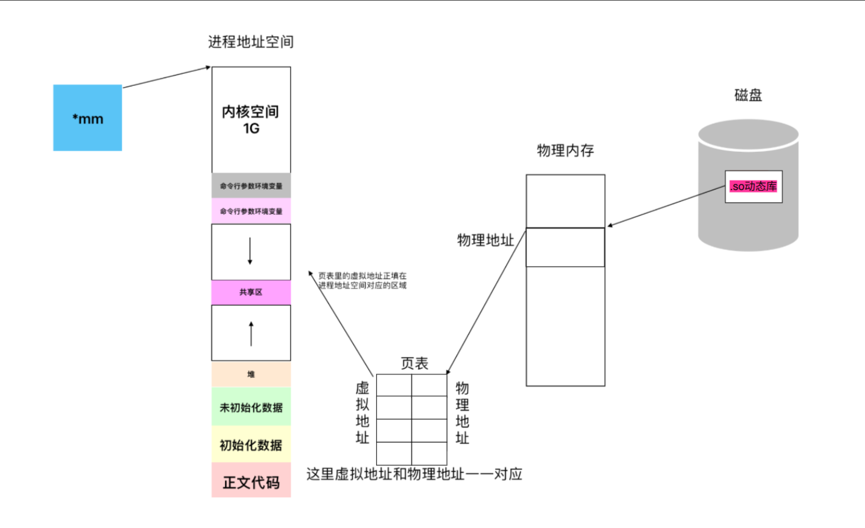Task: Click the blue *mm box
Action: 87,118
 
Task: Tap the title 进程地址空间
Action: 251,42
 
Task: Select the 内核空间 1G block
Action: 251,120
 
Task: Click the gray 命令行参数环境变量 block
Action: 251,186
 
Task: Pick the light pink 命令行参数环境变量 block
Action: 251,211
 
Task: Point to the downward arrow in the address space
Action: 250,251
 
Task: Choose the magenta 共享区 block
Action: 251,293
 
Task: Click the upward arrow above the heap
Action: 251,333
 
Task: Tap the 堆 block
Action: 251,374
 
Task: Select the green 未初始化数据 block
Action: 251,407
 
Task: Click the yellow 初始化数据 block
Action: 251,445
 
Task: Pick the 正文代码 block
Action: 251,482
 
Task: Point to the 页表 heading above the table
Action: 415,363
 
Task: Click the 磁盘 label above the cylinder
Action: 748,95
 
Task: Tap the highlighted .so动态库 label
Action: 753,187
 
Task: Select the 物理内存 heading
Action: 565,151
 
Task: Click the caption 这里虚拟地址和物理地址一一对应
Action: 414,474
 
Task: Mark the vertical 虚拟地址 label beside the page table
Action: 362,413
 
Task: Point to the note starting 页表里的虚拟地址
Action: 362,280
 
